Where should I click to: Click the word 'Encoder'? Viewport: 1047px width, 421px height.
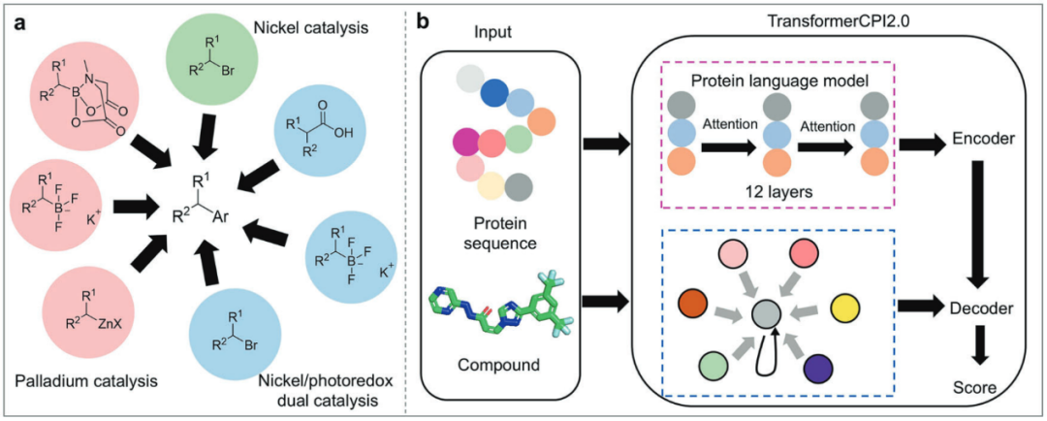coord(982,142)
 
